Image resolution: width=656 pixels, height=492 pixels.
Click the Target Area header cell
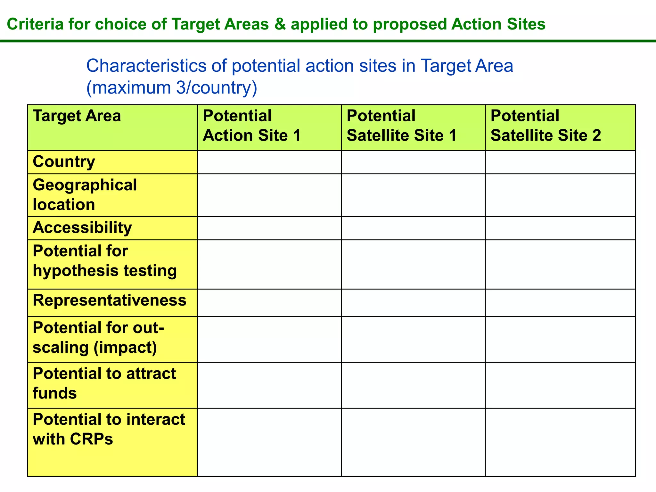(77, 116)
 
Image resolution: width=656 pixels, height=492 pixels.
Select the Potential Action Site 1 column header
(252, 126)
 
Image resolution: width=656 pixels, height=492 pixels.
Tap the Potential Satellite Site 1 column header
(401, 126)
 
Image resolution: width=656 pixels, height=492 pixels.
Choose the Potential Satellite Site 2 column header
(545, 126)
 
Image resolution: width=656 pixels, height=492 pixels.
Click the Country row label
(64, 162)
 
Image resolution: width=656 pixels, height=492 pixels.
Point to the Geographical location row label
(85, 195)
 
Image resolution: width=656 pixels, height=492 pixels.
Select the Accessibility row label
(82, 228)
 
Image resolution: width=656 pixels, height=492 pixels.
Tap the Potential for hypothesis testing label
(104, 261)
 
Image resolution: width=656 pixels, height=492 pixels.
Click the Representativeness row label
(109, 300)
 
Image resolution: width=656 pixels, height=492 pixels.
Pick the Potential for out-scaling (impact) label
(98, 338)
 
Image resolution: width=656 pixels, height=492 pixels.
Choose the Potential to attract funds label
(104, 383)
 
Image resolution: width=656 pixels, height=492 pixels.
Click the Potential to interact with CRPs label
(109, 429)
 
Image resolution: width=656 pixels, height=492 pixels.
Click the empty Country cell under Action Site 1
(269, 162)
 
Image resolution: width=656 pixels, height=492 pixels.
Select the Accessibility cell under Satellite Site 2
(560, 228)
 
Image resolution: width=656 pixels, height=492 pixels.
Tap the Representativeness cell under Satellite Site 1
(413, 303)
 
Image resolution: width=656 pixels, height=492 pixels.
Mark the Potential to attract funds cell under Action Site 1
(269, 385)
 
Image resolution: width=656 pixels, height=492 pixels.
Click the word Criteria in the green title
(35, 24)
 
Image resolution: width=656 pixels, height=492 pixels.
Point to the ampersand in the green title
(280, 24)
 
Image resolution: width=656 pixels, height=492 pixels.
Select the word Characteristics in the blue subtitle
(146, 66)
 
